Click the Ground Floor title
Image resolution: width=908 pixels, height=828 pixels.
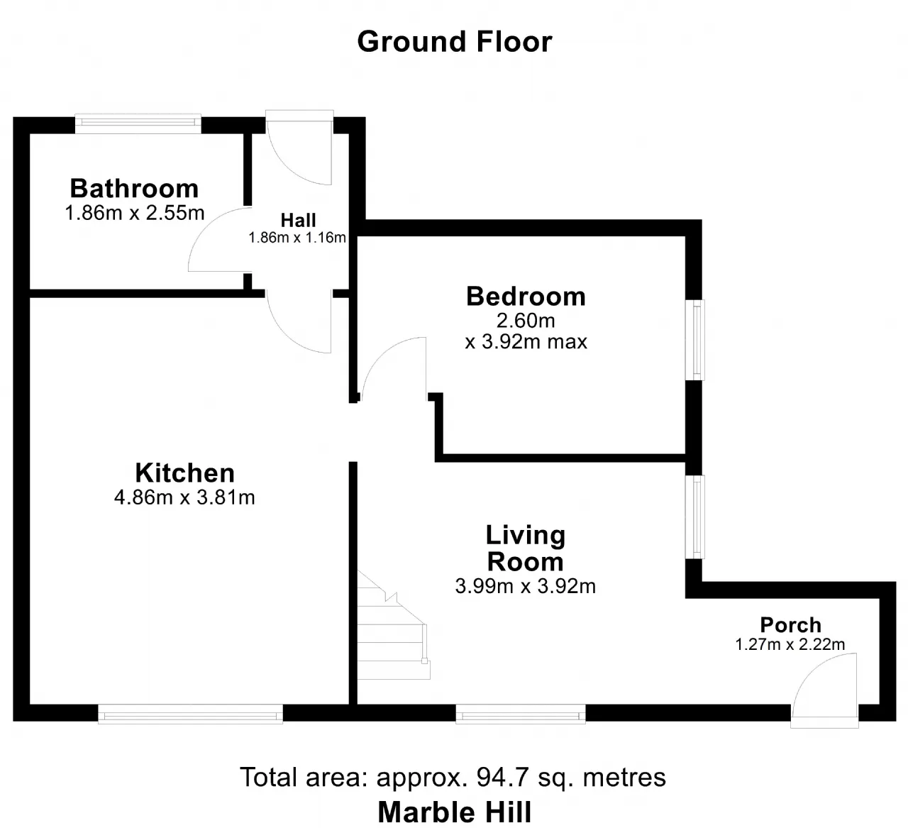(x=455, y=42)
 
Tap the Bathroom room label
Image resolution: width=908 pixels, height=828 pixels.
(x=135, y=188)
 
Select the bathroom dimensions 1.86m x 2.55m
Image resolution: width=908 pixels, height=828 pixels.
(x=135, y=213)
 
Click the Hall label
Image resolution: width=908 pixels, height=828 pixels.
(x=298, y=221)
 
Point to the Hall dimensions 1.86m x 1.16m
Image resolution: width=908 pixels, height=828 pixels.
(x=297, y=238)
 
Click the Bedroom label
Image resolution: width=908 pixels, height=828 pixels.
(x=526, y=297)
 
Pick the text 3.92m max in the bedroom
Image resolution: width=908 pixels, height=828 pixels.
(x=534, y=342)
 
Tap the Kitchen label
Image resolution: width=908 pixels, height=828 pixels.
(x=184, y=473)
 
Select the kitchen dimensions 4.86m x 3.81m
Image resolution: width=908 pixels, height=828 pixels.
(x=184, y=497)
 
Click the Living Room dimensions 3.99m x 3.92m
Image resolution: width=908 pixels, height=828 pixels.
(x=526, y=586)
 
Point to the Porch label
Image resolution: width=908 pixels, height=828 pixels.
(x=790, y=625)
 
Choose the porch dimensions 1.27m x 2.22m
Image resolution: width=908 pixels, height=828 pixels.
(x=790, y=644)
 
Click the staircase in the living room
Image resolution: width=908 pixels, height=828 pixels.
(x=393, y=625)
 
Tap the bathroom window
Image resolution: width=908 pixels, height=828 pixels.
(x=138, y=123)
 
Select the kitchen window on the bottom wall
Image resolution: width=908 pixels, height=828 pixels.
(x=191, y=714)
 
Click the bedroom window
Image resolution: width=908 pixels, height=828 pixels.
(x=695, y=340)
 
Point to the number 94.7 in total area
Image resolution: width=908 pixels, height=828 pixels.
(x=502, y=778)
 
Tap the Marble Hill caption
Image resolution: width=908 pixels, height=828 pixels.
(x=455, y=812)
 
